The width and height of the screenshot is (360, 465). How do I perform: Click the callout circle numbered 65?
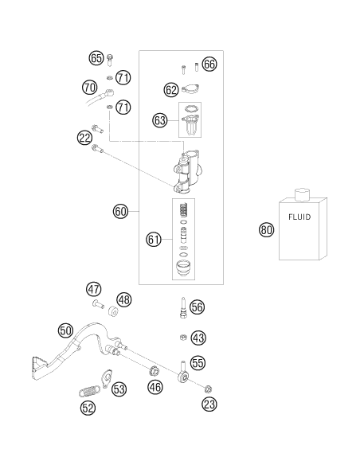click(x=96, y=58)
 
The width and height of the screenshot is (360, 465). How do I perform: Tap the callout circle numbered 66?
click(x=209, y=64)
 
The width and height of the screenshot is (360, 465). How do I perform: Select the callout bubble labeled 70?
click(x=89, y=88)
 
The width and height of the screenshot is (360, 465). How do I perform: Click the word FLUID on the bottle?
click(x=299, y=217)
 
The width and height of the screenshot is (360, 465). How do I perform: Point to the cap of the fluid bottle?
click(x=302, y=194)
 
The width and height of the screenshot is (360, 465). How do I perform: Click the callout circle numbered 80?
click(x=266, y=230)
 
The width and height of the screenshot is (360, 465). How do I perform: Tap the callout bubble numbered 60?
click(x=120, y=212)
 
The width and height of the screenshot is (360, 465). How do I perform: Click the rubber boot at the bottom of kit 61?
click(x=183, y=268)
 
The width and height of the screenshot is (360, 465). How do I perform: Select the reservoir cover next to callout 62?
click(x=190, y=89)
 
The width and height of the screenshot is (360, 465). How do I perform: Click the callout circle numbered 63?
click(x=160, y=120)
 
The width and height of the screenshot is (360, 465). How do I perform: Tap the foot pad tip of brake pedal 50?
click(x=37, y=368)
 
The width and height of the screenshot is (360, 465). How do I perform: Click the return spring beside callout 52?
click(x=89, y=391)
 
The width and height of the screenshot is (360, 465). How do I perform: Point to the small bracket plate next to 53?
click(x=107, y=379)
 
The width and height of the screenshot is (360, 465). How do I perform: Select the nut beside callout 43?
click(x=183, y=337)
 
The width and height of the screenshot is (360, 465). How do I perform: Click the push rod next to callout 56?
click(x=183, y=307)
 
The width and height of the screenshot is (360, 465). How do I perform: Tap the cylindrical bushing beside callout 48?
click(x=113, y=311)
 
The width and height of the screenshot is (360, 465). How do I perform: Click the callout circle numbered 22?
click(x=84, y=138)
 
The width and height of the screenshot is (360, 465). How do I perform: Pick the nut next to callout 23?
click(x=208, y=389)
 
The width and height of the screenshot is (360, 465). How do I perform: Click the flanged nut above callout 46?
click(x=154, y=371)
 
